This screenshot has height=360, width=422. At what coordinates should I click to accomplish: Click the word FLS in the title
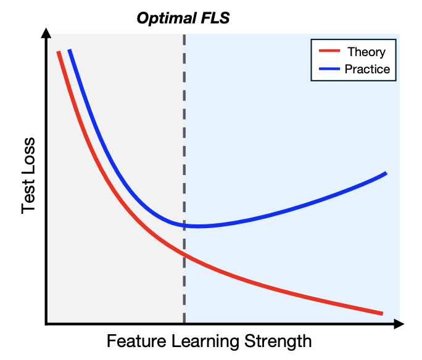click(215, 18)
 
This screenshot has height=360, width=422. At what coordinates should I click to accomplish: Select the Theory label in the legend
click(366, 52)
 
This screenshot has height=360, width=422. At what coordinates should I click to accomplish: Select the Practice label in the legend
click(367, 69)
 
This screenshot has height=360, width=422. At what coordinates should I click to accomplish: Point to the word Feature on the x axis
click(134, 341)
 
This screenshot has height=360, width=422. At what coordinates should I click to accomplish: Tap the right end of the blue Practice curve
click(386, 173)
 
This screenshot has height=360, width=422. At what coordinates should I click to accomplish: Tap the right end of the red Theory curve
click(382, 313)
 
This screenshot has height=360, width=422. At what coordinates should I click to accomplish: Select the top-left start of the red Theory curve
click(59, 52)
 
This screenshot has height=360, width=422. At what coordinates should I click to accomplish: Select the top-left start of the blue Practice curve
click(70, 50)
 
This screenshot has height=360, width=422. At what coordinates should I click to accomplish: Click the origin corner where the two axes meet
click(46, 323)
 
